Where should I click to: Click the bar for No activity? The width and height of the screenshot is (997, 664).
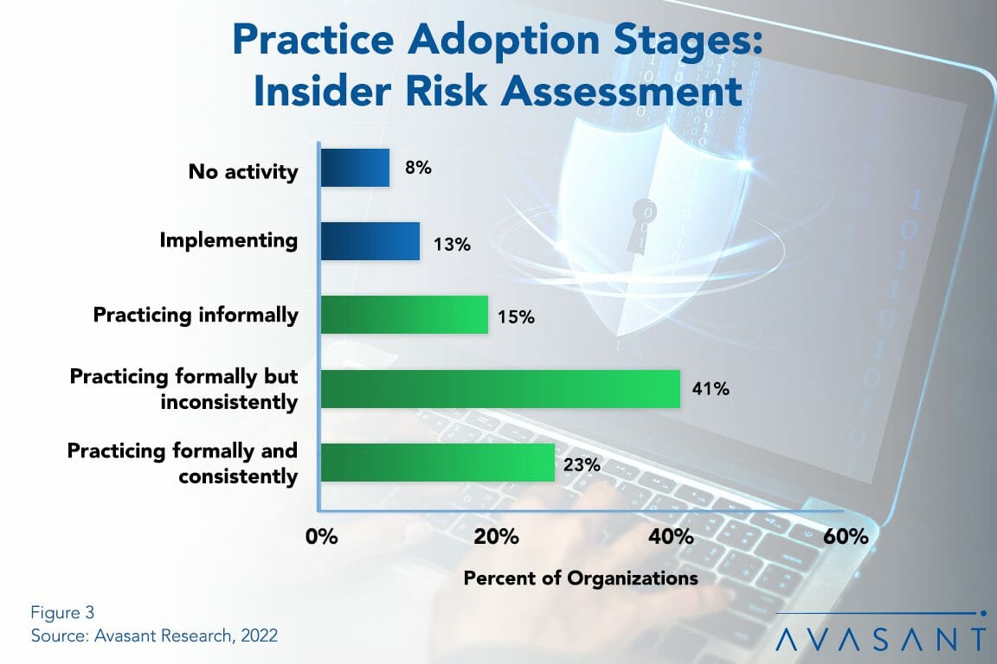pyautogui.click(x=355, y=168)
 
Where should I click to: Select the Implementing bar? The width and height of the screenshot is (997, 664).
pyautogui.click(x=370, y=241)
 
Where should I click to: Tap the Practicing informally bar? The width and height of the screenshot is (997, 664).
pyautogui.click(x=404, y=315)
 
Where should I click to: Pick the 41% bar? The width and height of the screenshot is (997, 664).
pyautogui.click(x=500, y=389)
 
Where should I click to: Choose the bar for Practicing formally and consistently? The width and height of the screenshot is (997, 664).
pyautogui.click(x=437, y=463)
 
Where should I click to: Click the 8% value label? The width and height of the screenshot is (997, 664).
pyautogui.click(x=418, y=168)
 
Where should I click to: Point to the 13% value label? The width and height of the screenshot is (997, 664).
pyautogui.click(x=451, y=245)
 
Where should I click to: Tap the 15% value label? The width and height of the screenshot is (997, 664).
pyautogui.click(x=516, y=317)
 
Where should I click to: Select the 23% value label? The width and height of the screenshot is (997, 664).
pyautogui.click(x=582, y=465)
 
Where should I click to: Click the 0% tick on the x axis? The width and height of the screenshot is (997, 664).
pyautogui.click(x=321, y=537)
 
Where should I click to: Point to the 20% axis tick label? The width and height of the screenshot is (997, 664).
pyautogui.click(x=496, y=537)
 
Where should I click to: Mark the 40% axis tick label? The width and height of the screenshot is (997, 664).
pyautogui.click(x=671, y=537)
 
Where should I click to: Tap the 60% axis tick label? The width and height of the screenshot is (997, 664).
pyautogui.click(x=846, y=537)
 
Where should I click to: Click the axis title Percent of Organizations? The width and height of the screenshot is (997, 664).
pyautogui.click(x=581, y=578)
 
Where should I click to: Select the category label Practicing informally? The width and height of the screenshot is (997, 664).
pyautogui.click(x=196, y=314)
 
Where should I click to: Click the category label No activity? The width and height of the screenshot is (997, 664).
pyautogui.click(x=243, y=171)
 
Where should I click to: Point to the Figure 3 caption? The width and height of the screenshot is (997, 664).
pyautogui.click(x=61, y=613)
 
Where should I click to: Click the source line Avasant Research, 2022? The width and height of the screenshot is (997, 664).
pyautogui.click(x=154, y=635)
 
